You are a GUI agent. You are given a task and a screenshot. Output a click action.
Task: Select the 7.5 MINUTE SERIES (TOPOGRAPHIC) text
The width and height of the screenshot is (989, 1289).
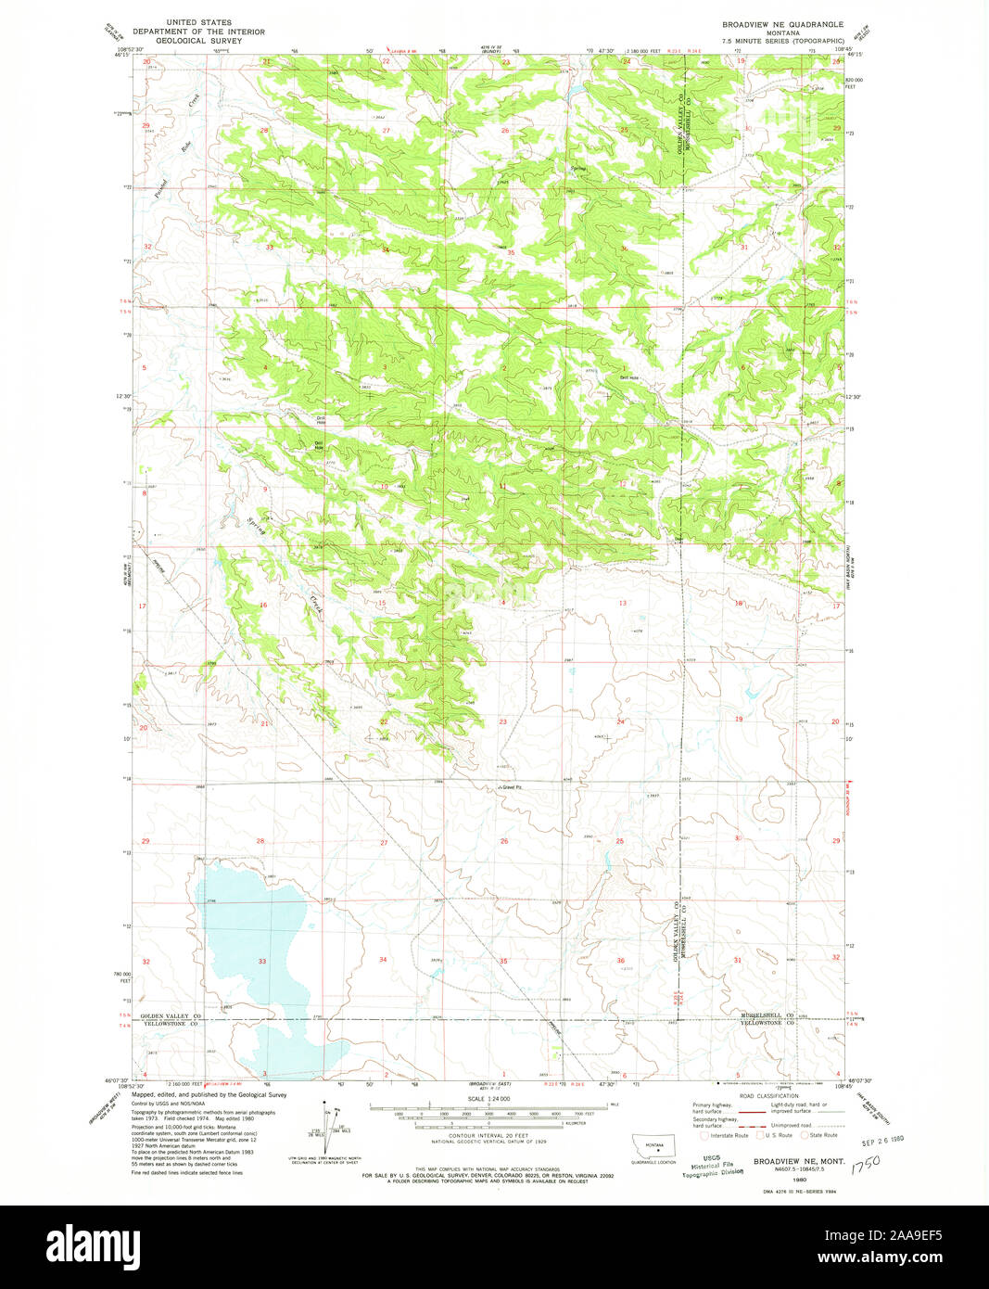tap(782, 41)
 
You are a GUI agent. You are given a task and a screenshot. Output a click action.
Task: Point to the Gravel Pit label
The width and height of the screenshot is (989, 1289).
tap(513, 788)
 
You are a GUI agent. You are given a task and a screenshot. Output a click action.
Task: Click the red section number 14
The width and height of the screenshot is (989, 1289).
tap(503, 603)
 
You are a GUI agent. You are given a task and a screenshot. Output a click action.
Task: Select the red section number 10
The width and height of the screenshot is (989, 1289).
tap(383, 486)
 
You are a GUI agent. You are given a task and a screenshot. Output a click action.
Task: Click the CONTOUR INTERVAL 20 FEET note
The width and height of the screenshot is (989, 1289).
tap(490, 1135)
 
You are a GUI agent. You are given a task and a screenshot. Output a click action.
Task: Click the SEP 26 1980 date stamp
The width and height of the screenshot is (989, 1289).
tap(881, 1137)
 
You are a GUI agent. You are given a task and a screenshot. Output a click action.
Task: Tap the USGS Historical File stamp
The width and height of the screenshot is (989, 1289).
tap(711, 1166)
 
